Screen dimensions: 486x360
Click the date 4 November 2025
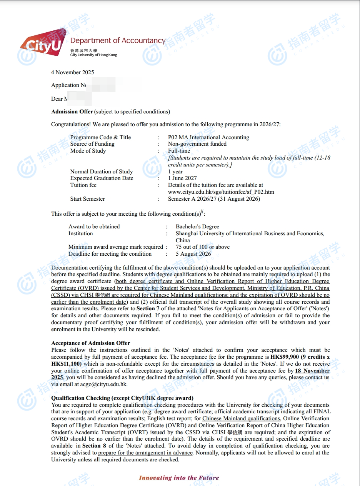point(72,72)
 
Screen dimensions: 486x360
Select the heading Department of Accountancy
point(118,40)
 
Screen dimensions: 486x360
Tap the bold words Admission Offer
point(72,112)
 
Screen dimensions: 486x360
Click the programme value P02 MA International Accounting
point(208,137)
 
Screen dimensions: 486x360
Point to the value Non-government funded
point(197,144)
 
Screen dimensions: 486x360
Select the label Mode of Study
point(88,151)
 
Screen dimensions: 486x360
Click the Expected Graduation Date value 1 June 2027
point(182,178)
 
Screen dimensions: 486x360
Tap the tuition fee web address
point(221,192)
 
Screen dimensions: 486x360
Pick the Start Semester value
point(214,199)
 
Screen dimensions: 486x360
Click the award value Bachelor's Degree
point(197,226)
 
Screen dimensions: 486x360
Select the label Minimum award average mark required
point(116,247)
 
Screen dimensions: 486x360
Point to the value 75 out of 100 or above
point(203,247)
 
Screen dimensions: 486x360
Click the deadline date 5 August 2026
point(193,254)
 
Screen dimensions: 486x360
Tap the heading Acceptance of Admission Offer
point(90,343)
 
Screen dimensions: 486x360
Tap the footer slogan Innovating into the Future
point(179,478)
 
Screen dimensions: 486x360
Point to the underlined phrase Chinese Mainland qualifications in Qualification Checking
point(241,418)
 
